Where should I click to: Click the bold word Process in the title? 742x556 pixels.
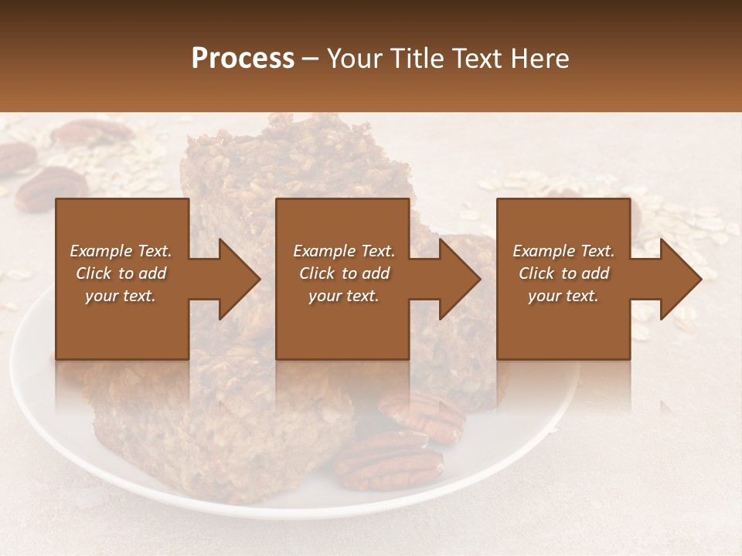coord(243,59)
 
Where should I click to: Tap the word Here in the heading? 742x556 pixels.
coord(539,59)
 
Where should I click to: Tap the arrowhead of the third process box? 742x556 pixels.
coord(679,279)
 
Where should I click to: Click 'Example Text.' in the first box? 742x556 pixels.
coord(121,251)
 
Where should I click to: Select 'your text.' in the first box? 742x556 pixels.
coord(121,296)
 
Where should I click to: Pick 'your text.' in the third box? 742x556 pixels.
coord(563,296)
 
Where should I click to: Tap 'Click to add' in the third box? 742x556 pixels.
coord(563,273)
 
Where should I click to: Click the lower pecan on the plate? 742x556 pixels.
coord(389,462)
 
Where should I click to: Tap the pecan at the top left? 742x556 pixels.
coord(91,133)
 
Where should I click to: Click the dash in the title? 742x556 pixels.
coord(311,59)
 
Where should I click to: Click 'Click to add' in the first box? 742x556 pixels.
coord(121,273)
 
